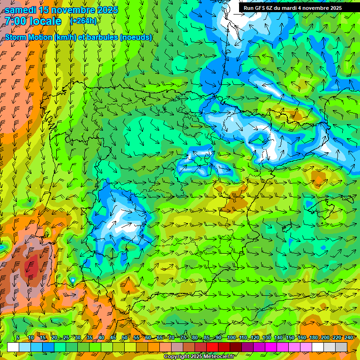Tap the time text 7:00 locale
[33, 21]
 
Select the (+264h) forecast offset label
[83, 21]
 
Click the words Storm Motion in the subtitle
[28, 37]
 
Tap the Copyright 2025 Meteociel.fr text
[200, 357]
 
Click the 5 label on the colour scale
[17, 337]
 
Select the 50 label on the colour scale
[124, 337]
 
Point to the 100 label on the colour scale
[231, 337]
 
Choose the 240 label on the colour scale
[348, 337]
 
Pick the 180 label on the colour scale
[313, 337]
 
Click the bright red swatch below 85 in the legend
[212, 347]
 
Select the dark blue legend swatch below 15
[48, 347]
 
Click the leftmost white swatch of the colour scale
[13, 347]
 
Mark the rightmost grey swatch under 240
[341, 347]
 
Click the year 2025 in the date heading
[104, 9]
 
